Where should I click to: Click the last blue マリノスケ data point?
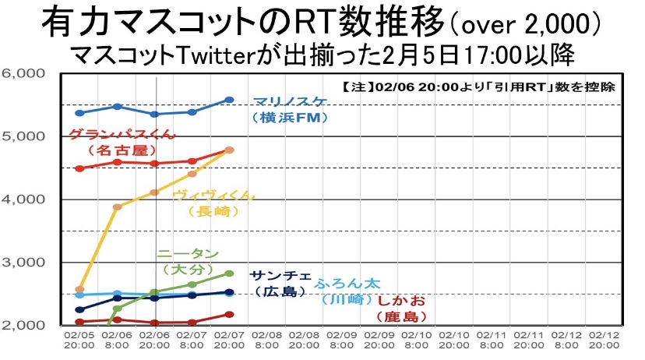229,100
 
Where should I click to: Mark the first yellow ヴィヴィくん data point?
79,289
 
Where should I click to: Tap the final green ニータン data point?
229,274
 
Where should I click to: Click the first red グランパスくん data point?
79,168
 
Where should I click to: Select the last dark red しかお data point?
229,314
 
